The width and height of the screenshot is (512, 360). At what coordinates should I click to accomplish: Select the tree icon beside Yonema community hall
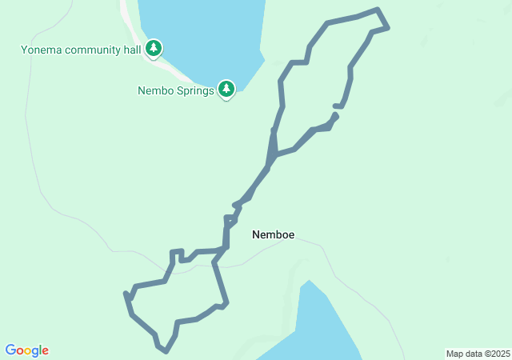coord(154,49)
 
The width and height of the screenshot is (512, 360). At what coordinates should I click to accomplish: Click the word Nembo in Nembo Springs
coord(154,90)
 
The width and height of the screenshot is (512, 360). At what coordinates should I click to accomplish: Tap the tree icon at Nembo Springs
coord(226,89)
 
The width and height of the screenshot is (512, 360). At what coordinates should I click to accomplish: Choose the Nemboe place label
coord(273,234)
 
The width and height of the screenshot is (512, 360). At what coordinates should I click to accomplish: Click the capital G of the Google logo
coord(10,350)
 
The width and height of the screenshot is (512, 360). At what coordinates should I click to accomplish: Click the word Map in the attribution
coord(454,354)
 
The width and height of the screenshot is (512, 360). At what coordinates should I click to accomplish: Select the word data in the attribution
coord(474,354)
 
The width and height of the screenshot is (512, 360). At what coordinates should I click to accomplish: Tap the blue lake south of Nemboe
coord(316,328)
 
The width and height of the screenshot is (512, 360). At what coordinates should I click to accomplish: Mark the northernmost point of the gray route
coord(378,10)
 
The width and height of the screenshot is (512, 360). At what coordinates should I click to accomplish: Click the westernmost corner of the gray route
coord(126,294)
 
